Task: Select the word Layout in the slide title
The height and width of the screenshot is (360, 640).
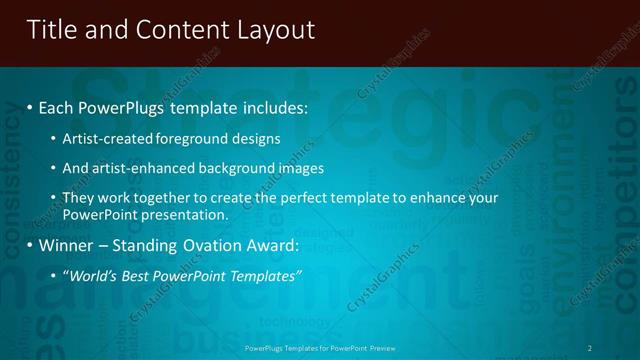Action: coord(275,30)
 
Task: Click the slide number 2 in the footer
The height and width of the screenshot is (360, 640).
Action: coord(590,347)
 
